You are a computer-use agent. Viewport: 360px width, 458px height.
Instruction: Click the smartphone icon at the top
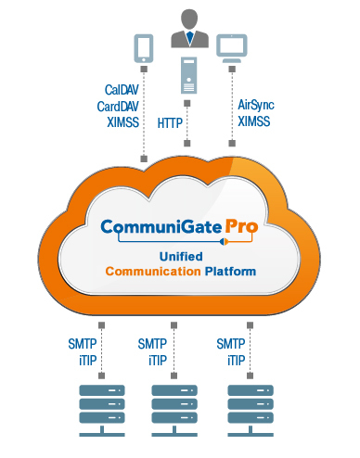[143, 47]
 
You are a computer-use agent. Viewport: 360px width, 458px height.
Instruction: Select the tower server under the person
[188, 73]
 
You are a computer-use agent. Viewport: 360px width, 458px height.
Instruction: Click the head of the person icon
[188, 17]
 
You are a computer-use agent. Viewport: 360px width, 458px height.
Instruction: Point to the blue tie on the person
[188, 39]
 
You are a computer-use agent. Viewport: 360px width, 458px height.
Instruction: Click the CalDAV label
[122, 90]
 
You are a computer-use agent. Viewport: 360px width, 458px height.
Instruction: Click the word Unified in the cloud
[180, 257]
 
